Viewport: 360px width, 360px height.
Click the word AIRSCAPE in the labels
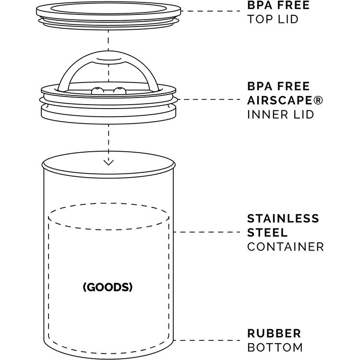280,100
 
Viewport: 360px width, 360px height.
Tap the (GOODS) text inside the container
108,287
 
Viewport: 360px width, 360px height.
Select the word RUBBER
274,334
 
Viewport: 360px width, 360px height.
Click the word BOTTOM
275,348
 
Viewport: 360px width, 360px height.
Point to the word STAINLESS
283,218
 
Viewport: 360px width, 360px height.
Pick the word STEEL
267,233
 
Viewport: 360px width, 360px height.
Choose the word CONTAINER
286,247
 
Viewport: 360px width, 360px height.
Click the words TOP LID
273,19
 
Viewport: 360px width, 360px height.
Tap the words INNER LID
280,115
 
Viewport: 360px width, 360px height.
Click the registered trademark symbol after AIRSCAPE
318,100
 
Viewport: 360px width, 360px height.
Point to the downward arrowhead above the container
108,163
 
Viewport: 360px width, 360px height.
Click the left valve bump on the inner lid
97,91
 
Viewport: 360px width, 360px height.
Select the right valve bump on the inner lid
120,91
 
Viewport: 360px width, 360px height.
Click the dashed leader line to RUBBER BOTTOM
206,340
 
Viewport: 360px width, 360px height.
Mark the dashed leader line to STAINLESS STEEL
206,232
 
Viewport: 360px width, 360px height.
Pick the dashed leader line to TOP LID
211,11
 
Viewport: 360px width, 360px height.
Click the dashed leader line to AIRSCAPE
209,99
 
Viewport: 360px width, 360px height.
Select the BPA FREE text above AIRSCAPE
278,86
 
